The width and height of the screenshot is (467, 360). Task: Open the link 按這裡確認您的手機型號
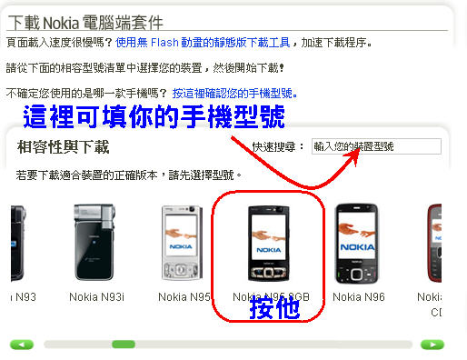pos(234,93)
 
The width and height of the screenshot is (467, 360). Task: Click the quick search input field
pos(375,145)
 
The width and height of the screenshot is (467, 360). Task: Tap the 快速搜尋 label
pos(278,146)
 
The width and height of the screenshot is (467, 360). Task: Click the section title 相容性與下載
pos(75,145)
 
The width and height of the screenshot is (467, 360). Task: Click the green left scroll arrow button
pos(21,345)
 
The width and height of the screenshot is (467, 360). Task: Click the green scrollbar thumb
pos(123,345)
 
